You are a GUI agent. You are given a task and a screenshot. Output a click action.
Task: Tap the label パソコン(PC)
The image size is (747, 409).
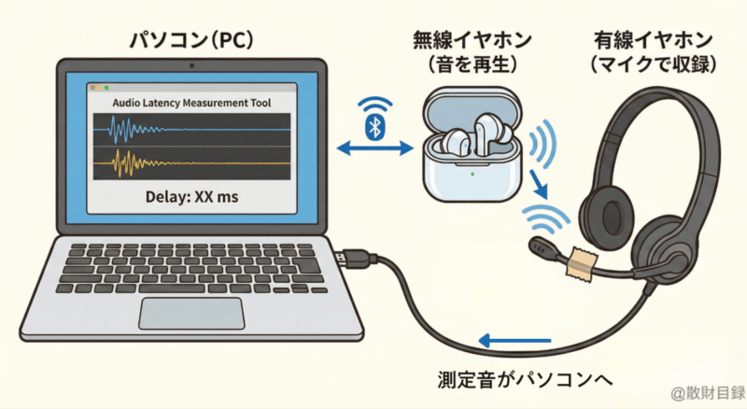(191, 43)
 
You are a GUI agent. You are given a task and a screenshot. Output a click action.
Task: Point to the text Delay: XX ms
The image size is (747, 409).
(191, 197)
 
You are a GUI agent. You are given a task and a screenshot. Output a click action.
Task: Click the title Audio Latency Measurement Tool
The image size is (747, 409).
(191, 102)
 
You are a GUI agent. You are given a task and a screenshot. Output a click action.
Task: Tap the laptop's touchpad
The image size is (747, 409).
(190, 314)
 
